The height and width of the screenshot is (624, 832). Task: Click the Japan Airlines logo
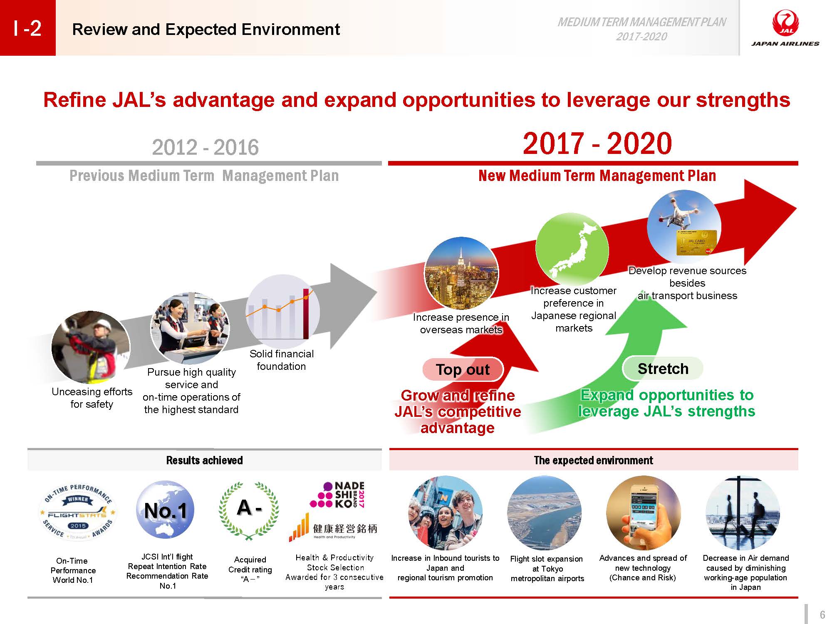pos(785,28)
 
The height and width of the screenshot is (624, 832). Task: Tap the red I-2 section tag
pos(27,28)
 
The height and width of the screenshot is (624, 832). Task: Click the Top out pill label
pos(463,369)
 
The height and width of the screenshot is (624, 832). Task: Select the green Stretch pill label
pos(663,369)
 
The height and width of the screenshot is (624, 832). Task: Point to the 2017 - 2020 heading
pos(597,144)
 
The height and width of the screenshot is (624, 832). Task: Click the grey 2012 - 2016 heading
pos(206,147)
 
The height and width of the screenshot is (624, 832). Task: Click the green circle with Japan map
pos(572,249)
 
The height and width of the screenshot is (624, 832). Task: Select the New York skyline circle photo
pos(461,273)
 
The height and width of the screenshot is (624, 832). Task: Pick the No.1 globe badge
pos(166,510)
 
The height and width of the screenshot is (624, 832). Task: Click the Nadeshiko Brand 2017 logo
pos(338,495)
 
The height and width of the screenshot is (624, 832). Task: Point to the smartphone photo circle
pos(643,513)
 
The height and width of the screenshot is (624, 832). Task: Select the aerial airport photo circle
pos(544,513)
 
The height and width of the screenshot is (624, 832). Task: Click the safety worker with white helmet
pos(91,347)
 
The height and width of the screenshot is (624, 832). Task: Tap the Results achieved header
pos(204,460)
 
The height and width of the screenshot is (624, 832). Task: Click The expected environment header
pos(593,460)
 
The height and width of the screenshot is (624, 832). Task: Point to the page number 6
pos(822,614)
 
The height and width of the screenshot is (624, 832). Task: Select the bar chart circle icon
pos(283,311)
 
